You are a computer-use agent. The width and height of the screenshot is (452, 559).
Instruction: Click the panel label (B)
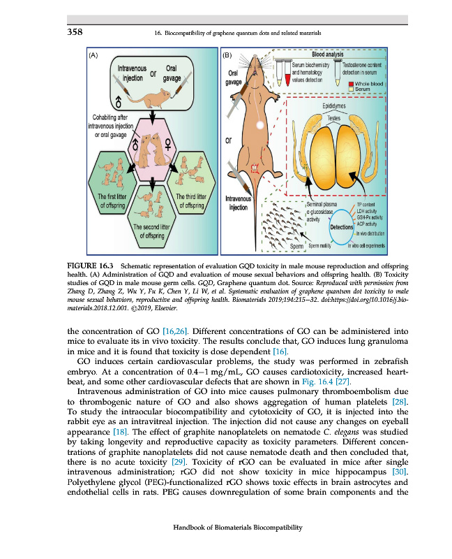tap(226, 54)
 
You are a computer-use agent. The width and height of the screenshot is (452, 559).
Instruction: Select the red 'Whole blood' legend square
tap(351, 84)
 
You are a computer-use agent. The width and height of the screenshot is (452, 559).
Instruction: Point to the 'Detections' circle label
tap(342, 228)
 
